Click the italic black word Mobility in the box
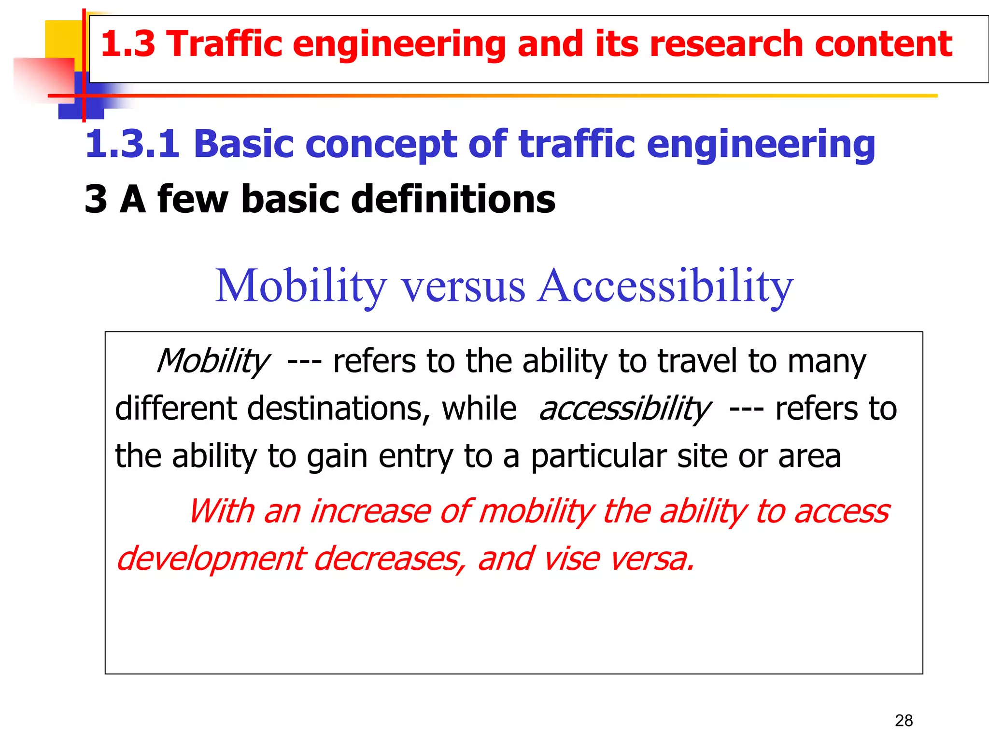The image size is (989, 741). (213, 361)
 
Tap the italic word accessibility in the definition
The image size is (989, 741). (624, 409)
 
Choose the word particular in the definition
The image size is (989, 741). (598, 456)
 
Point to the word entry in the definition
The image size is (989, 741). (416, 456)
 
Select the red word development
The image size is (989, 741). (211, 559)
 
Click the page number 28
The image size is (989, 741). (904, 720)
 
